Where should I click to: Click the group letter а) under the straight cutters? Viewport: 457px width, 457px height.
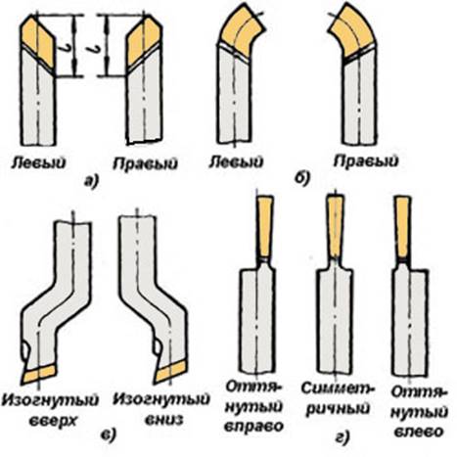click(91, 181)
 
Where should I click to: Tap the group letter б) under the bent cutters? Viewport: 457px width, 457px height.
click(303, 178)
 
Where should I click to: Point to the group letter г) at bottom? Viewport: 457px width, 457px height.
click(342, 437)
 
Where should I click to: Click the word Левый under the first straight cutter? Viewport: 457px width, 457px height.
click(38, 162)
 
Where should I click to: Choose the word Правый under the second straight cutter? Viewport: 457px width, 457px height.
click(146, 163)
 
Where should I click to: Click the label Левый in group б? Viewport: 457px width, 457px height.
click(236, 161)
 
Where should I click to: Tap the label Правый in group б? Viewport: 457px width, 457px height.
click(366, 161)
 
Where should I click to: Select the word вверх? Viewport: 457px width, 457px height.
click(53, 421)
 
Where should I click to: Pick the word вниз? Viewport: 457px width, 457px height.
click(163, 420)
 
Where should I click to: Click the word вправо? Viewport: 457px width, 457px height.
click(253, 427)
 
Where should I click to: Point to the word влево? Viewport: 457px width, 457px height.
click(419, 432)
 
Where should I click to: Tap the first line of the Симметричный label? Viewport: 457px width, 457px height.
click(338, 388)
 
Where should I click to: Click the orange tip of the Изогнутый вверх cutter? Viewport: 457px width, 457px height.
click(39, 374)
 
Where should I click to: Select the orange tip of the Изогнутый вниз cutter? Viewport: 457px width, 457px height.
click(170, 372)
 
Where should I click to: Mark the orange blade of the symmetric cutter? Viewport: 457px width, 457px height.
click(336, 226)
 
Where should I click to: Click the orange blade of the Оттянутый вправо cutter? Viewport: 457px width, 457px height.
click(265, 226)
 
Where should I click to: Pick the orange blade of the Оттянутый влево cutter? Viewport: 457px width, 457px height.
click(403, 227)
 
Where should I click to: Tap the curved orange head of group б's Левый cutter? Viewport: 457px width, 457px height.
click(241, 33)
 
